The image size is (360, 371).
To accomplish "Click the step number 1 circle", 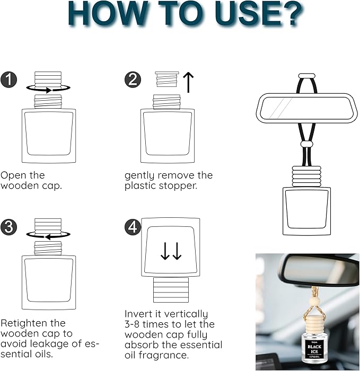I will click(x=10, y=81).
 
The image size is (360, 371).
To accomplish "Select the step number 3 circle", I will click(x=10, y=227).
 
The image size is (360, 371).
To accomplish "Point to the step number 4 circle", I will click(x=133, y=227).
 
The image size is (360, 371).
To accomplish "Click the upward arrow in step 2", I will click(x=188, y=83).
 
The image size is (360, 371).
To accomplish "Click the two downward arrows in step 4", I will click(x=171, y=251).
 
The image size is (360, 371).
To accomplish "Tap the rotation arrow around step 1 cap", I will click(x=48, y=89).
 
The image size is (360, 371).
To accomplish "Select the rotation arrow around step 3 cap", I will click(x=48, y=236).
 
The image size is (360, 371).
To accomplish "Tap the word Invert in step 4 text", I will click(x=139, y=314).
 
